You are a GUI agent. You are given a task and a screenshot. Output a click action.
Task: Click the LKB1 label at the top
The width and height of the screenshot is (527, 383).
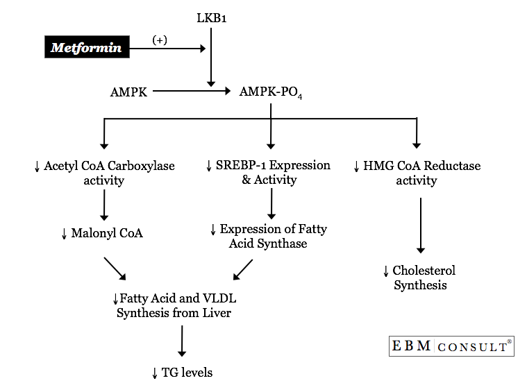212,17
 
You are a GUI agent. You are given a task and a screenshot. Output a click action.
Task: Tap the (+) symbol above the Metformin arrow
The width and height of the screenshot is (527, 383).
160,40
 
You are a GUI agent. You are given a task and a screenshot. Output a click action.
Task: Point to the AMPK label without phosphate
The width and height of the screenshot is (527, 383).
128,92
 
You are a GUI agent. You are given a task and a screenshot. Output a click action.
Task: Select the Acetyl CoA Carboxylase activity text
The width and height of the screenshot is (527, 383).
104,173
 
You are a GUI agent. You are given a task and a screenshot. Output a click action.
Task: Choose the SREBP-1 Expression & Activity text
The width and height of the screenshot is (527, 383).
269,173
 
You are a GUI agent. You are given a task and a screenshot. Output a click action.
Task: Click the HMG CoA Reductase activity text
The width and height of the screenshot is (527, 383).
417,173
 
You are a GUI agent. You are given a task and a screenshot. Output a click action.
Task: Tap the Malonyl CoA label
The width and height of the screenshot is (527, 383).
102,233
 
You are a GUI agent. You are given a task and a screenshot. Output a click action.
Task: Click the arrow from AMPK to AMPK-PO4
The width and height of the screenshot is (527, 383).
191,91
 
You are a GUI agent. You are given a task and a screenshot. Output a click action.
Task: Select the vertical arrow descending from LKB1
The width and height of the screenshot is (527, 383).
211,56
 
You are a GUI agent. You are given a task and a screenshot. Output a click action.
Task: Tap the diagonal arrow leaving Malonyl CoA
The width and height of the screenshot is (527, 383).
115,269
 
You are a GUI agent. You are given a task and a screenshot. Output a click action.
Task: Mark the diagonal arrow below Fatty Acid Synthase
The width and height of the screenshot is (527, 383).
243,269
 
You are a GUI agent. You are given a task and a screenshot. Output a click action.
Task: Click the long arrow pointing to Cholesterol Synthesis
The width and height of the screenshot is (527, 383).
419,225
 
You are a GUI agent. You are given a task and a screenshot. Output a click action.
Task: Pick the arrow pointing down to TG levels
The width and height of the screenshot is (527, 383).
182,341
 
